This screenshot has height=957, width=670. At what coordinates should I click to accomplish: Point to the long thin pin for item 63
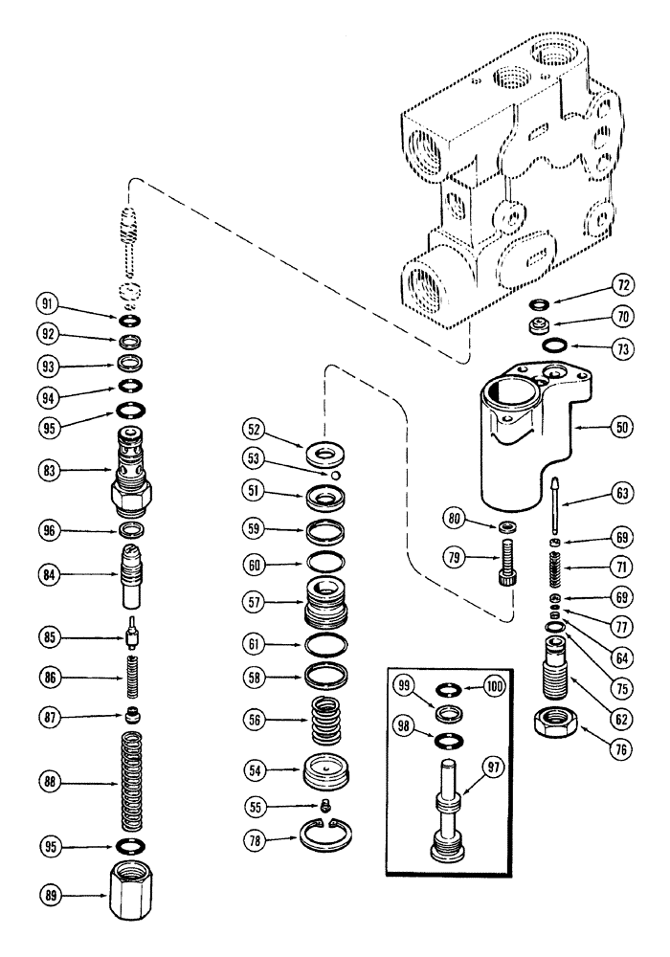pyautogui.click(x=554, y=518)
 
